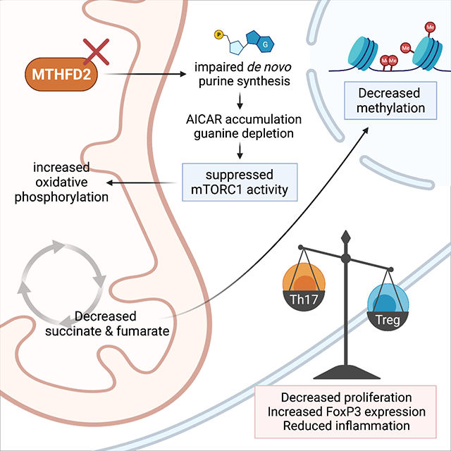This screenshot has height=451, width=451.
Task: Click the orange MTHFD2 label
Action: (61, 73)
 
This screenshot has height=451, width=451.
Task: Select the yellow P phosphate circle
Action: (218, 35)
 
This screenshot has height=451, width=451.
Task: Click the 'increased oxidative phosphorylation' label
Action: (60, 184)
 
